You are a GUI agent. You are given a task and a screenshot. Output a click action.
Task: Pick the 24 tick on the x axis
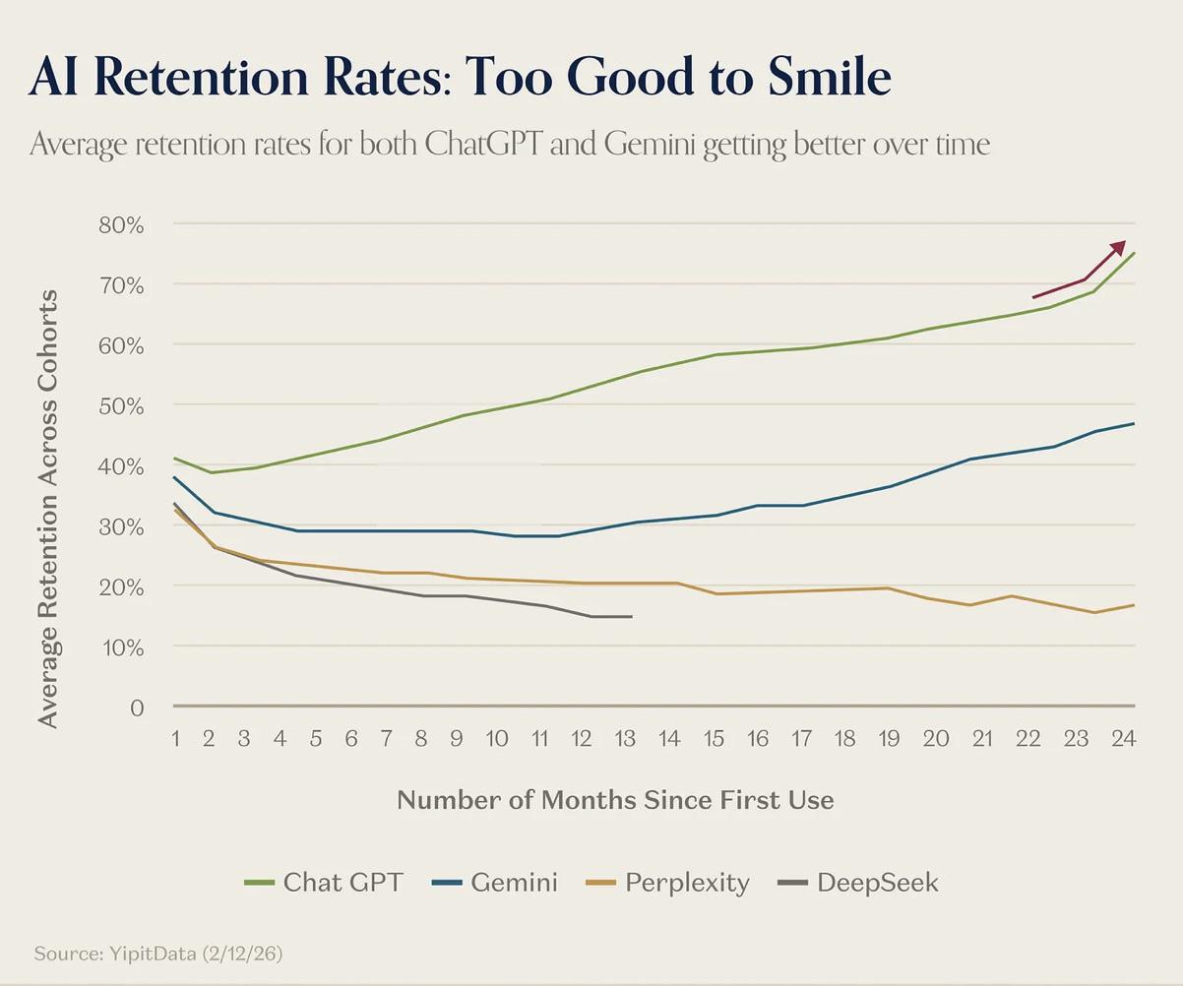(1123, 738)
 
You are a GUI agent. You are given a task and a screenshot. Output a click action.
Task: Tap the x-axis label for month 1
(175, 738)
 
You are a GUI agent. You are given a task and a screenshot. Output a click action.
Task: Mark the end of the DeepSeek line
(631, 617)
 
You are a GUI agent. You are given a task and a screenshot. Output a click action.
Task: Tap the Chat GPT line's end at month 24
(1135, 253)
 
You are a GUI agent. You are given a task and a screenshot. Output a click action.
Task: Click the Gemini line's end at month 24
(1135, 423)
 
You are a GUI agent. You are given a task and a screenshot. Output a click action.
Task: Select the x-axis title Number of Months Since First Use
(615, 800)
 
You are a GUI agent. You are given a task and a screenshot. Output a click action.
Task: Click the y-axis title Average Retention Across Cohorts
(48, 509)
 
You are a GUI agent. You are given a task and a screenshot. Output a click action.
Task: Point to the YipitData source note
(159, 954)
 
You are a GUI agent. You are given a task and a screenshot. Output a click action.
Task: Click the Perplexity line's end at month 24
(1135, 604)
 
